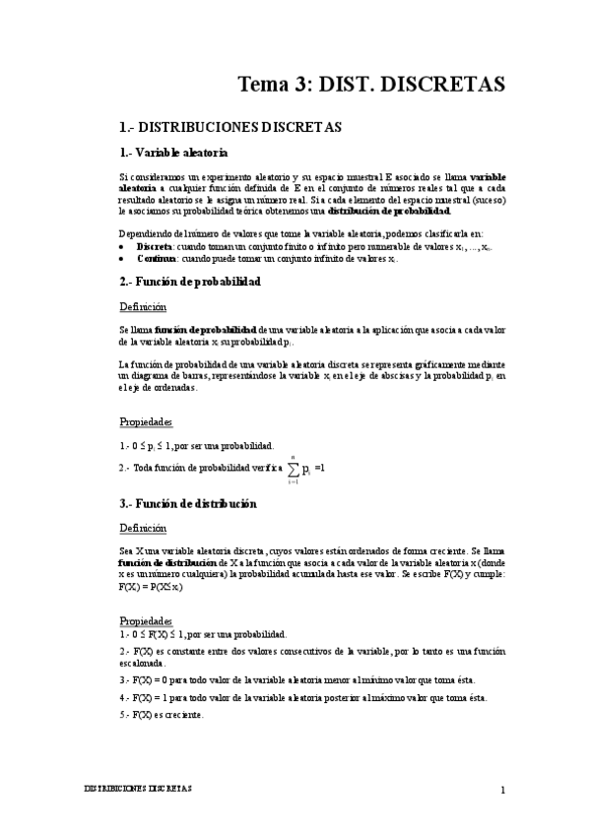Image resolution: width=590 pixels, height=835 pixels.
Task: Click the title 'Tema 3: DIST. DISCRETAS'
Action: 371,85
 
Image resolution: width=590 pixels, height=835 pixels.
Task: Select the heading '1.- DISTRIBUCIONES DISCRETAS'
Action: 229,127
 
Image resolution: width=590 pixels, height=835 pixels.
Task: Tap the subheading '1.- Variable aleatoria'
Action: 172,153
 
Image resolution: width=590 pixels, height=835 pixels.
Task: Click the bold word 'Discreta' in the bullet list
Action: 156,245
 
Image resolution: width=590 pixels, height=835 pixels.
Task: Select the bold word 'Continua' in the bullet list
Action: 157,258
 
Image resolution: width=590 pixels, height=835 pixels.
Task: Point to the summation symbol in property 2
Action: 294,468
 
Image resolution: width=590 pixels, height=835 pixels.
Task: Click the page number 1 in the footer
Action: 502,790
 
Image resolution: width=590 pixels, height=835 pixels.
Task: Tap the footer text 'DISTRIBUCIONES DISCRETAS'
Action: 138,790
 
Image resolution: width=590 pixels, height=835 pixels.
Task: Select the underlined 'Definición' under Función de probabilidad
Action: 143,307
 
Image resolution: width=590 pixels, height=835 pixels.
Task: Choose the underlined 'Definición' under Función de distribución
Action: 143,529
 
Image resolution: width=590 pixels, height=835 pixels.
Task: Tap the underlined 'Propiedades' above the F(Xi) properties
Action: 146,621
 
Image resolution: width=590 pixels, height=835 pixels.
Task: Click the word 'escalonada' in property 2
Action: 144,664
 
